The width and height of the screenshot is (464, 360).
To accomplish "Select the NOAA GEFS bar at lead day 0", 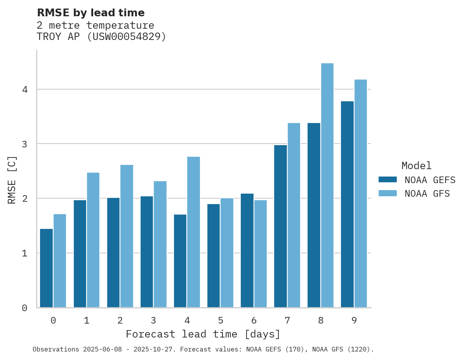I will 46,268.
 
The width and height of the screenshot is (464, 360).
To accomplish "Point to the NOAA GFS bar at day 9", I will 360,194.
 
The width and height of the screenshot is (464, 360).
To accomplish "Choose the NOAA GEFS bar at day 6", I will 247,250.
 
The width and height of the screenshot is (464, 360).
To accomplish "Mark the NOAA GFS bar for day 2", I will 127,236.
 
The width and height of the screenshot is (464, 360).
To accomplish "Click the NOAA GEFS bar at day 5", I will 214,256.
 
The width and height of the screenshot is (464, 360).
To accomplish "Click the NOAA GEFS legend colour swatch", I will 388,180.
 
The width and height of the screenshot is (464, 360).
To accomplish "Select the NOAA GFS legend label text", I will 427,194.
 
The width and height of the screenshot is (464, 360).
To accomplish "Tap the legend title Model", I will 416,166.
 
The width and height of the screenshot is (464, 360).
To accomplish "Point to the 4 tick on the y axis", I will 24,90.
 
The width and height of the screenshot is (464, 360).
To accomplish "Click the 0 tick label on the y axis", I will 24,308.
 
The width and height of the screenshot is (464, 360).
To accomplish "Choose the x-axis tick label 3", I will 153,320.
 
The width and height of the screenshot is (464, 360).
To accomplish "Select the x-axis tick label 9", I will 354,320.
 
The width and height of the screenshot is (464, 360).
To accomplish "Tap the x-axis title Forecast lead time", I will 203,334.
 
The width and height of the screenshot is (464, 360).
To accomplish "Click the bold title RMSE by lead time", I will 90,13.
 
